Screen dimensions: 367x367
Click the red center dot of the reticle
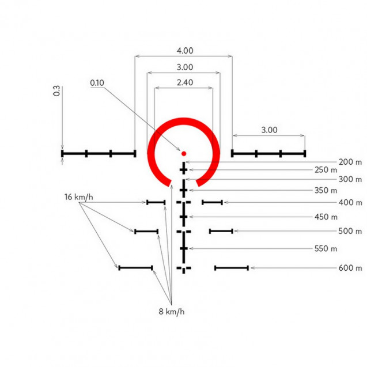tap(184, 153)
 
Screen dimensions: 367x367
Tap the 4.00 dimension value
tap(185, 51)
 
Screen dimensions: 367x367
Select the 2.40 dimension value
tap(185, 82)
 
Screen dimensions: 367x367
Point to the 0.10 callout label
tap(97, 82)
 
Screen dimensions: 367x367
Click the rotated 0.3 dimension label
tap(56, 91)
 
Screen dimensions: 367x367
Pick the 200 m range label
tap(350, 162)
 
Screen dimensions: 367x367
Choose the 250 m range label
tap(326, 170)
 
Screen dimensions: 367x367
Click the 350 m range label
tap(326, 190)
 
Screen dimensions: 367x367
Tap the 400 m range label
tap(350, 202)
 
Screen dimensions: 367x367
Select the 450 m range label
tap(326, 217)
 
